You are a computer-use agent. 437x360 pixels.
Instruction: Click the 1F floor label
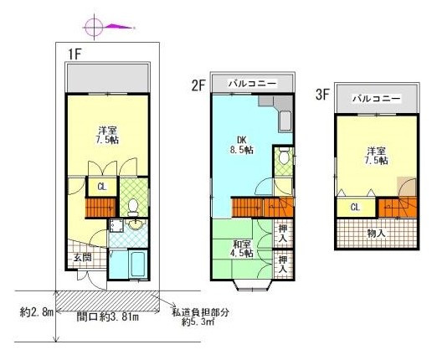coord(75,54)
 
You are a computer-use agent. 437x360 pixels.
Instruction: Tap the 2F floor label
coord(198,84)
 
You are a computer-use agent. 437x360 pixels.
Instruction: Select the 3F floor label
coord(321,95)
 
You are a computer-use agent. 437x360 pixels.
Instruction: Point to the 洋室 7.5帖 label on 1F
coord(106,136)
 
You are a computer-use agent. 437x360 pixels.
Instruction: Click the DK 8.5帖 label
coord(243,145)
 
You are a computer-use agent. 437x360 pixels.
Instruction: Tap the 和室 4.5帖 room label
coord(243,249)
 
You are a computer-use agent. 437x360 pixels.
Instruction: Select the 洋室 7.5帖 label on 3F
coord(376,156)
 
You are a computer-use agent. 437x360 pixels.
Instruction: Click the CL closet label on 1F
coord(101,188)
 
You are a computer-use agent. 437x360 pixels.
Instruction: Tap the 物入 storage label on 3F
coord(376,233)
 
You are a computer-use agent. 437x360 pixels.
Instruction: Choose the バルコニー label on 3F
coord(376,99)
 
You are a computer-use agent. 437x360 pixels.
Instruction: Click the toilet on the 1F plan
coord(133,205)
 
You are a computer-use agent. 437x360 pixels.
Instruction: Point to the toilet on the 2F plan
coord(284,157)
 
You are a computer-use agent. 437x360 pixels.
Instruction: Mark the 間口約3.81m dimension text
coord(107,316)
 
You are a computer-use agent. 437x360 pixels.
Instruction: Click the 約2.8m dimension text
coord(36,313)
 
